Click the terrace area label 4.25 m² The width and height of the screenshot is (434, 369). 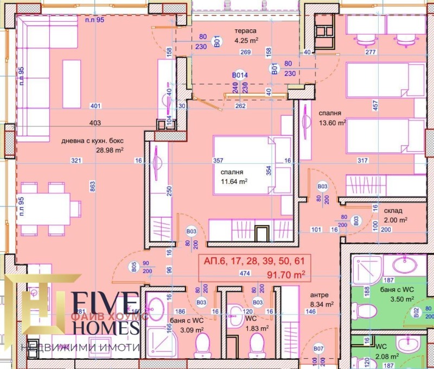pyautogui.click(x=245, y=40)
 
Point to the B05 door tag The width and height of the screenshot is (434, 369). pyautogui.click(x=133, y=266)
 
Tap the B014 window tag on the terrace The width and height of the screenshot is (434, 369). pyautogui.click(x=240, y=75)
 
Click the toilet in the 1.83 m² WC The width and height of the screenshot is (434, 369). pyautogui.click(x=255, y=343)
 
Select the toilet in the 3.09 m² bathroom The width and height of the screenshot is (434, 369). pyautogui.click(x=202, y=343)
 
